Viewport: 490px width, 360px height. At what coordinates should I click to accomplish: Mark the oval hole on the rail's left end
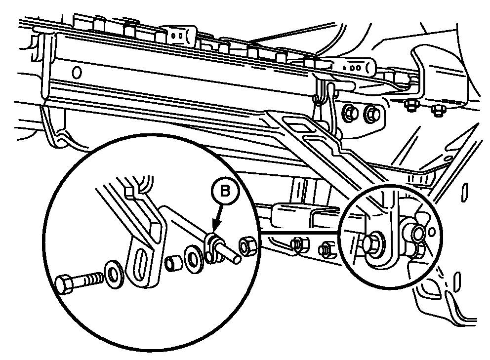tap(77, 73)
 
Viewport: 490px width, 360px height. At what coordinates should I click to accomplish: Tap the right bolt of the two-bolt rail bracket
tap(370, 114)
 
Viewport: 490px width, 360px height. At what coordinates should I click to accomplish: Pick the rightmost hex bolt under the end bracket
tap(437, 108)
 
